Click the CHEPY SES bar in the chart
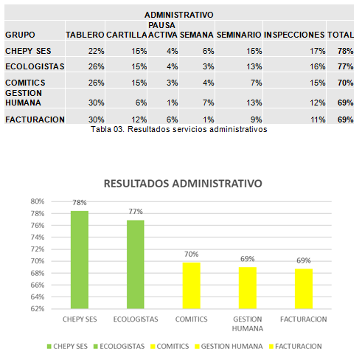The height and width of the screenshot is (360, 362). [80, 260]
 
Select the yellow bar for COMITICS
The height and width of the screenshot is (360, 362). [192, 285]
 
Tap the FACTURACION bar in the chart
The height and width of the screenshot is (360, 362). [304, 288]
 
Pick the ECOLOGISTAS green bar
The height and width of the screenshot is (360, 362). [136, 264]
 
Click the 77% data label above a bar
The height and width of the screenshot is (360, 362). [136, 212]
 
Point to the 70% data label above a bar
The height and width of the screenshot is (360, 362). [192, 254]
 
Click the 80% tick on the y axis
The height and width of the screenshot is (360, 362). [38, 201]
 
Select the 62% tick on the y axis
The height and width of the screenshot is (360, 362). [38, 308]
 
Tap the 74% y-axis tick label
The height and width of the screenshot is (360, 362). [38, 238]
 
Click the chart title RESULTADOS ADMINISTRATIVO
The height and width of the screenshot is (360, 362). [183, 184]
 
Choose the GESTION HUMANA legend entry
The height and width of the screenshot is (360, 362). [229, 346]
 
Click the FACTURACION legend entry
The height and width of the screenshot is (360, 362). [296, 346]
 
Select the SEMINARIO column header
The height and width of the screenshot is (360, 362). [239, 35]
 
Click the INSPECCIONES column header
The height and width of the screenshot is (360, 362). [294, 35]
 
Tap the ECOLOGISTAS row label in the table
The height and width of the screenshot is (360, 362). [35, 66]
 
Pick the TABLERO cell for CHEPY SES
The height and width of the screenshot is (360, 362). [97, 51]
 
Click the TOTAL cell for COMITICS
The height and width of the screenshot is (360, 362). [345, 83]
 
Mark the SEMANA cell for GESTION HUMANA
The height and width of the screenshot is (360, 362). [209, 103]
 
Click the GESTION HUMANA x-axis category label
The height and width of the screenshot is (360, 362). [248, 324]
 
